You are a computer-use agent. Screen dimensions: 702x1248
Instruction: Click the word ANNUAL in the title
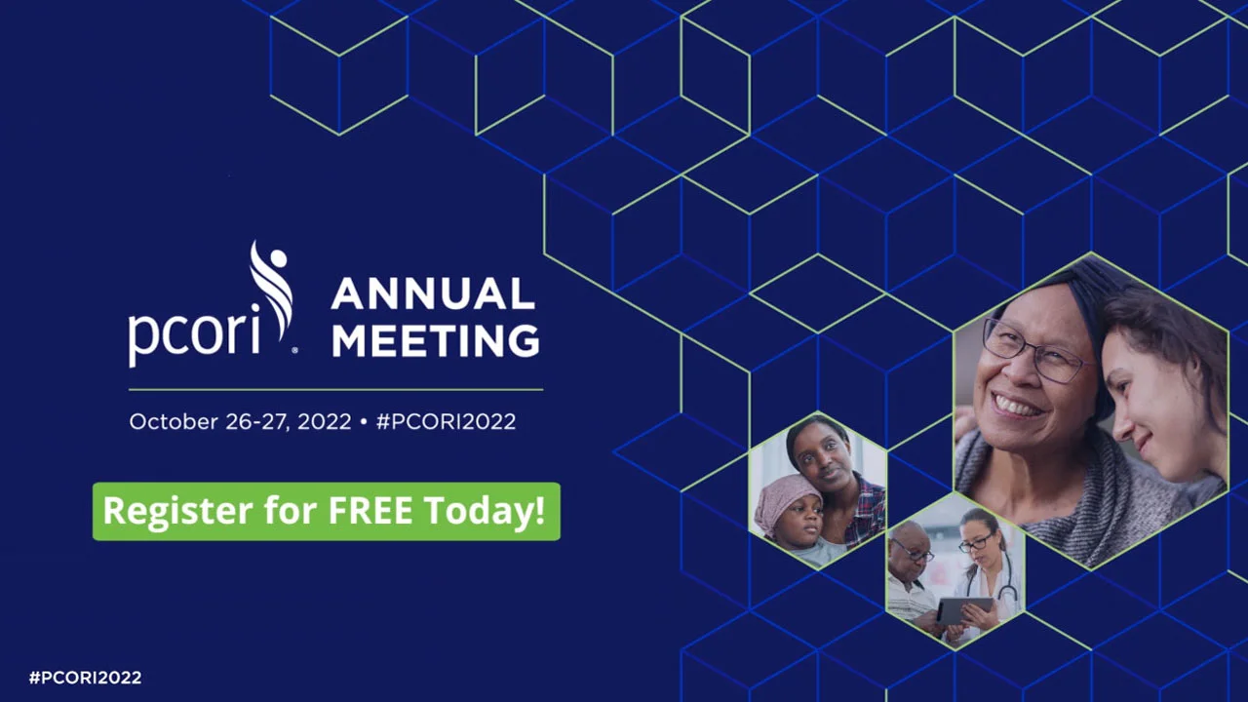coord(432,294)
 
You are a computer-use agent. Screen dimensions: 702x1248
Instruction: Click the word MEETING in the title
coord(435,341)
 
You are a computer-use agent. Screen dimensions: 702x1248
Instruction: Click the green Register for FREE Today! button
coord(326,511)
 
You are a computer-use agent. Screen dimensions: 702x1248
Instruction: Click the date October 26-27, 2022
coord(239,422)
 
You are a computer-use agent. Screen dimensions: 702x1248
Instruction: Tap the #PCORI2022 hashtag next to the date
coord(446,422)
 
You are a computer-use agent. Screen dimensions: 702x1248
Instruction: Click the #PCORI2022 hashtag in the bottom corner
coord(85,678)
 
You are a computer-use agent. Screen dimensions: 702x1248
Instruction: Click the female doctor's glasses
coord(975,544)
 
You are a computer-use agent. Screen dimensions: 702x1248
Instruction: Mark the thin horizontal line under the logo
coord(335,390)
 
